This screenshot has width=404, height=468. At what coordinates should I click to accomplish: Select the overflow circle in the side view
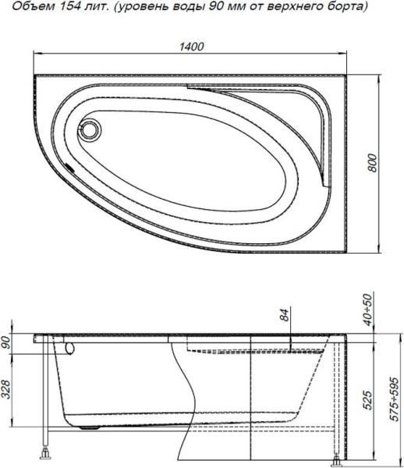click(x=66, y=348)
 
